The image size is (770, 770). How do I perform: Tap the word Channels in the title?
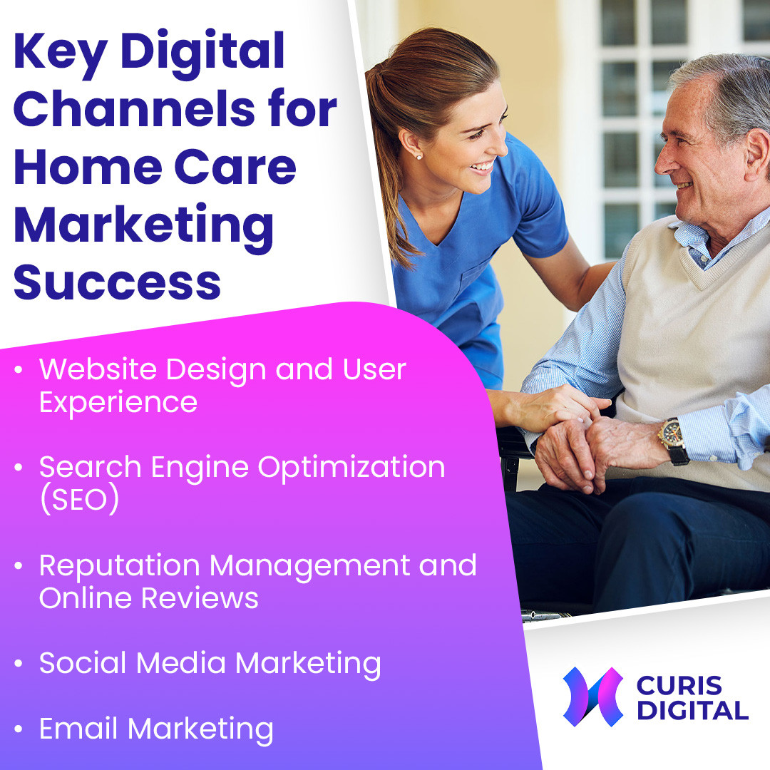point(134,108)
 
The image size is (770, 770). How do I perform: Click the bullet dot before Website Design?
point(19,369)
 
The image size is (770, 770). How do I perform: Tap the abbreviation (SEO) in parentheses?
point(80,499)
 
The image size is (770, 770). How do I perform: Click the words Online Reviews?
point(149,597)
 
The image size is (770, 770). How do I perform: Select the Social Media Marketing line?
point(210,664)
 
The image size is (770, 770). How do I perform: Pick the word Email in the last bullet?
point(78,728)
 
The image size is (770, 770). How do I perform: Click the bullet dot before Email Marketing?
point(19,729)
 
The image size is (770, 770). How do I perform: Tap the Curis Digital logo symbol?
point(593,697)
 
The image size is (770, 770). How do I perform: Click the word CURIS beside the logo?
point(679,685)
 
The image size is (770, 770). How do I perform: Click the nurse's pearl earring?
point(419,157)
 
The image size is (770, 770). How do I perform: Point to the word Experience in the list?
point(118,404)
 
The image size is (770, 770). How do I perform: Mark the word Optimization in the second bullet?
point(351,468)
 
